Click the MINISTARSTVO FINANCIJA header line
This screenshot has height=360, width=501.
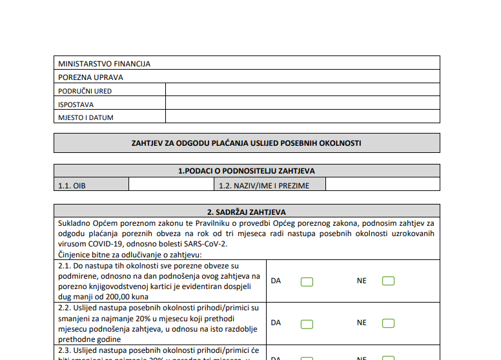[x=104, y=64]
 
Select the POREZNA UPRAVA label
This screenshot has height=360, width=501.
[x=90, y=77]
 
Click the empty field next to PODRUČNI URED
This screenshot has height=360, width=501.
[x=302, y=91]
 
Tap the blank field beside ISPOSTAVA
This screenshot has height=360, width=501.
[x=302, y=104]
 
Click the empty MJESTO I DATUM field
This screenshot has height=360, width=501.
[x=302, y=117]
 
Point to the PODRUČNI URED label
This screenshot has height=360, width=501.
[x=85, y=91]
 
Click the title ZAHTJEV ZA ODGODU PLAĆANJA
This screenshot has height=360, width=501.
[x=247, y=143]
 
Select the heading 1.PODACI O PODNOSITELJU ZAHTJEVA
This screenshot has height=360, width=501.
[x=247, y=171]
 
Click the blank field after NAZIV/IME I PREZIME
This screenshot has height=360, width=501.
[x=382, y=185]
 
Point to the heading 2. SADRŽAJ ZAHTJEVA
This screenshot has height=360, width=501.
[x=247, y=212]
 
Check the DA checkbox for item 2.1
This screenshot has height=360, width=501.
[x=307, y=281]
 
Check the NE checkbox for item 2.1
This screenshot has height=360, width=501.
[x=388, y=281]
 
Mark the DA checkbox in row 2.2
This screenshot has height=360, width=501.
[x=307, y=324]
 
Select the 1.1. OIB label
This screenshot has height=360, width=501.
[x=72, y=186]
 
